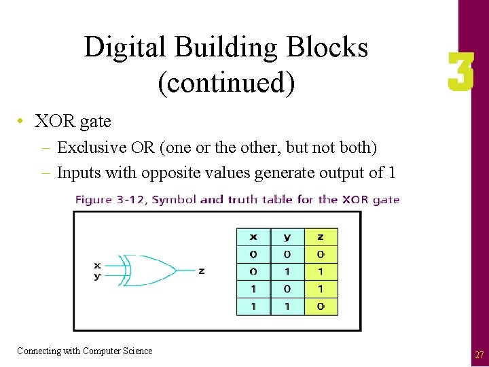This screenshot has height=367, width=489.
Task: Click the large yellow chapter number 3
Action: click(x=460, y=73)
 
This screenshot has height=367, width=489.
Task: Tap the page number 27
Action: click(x=479, y=355)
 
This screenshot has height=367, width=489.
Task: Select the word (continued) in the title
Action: click(x=226, y=82)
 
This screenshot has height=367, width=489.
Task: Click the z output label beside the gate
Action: click(x=201, y=270)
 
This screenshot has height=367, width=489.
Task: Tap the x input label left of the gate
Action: click(x=97, y=265)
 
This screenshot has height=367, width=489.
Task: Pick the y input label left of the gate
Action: click(x=97, y=275)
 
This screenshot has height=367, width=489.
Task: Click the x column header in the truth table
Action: click(x=253, y=237)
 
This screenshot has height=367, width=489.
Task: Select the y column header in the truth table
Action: click(x=287, y=237)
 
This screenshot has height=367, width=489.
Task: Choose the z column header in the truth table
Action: click(x=321, y=237)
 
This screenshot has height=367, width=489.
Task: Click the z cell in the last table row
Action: click(x=321, y=306)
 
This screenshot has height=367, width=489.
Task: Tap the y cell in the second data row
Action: click(x=287, y=271)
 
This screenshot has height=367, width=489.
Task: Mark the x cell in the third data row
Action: click(x=253, y=289)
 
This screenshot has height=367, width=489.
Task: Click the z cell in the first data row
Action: click(x=321, y=254)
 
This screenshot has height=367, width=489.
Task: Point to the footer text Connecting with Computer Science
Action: click(x=85, y=351)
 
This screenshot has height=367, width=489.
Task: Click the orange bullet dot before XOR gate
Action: click(x=22, y=122)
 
